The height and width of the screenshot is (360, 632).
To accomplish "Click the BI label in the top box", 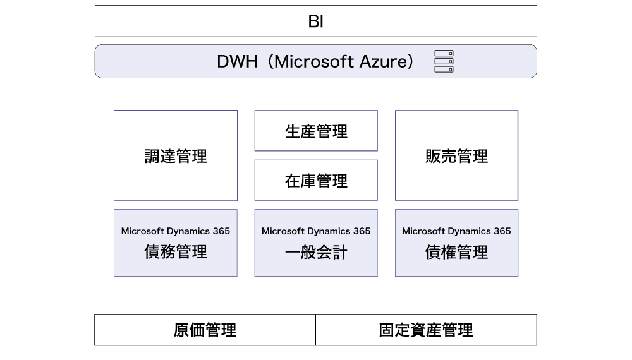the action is click(x=315, y=21).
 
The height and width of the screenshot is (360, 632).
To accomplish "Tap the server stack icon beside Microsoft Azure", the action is click(x=444, y=61).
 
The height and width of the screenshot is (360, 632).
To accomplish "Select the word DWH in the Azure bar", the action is click(x=237, y=62).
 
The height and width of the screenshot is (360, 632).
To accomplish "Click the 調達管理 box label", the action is click(x=176, y=156).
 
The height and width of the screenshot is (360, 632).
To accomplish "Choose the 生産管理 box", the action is click(x=316, y=131).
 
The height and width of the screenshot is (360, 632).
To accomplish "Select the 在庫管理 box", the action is click(x=316, y=180).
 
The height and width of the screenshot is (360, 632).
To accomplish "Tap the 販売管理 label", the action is click(x=456, y=156).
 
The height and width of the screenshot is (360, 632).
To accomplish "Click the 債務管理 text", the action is click(x=176, y=252).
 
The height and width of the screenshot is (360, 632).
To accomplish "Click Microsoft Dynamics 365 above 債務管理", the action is click(x=176, y=231).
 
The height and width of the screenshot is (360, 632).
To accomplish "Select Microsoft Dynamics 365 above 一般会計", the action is click(x=316, y=231).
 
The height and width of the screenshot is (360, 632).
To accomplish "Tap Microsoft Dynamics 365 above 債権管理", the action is click(x=456, y=231).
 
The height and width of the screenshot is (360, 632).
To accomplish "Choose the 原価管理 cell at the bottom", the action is click(x=205, y=330).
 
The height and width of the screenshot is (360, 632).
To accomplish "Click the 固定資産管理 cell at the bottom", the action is click(x=426, y=330).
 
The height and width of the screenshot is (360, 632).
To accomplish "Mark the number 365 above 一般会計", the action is click(x=362, y=231).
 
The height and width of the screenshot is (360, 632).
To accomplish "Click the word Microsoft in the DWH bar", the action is click(x=315, y=62).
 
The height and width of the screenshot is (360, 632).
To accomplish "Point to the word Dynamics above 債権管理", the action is click(x=470, y=232).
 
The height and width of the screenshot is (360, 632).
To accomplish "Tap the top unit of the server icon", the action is click(x=444, y=53).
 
